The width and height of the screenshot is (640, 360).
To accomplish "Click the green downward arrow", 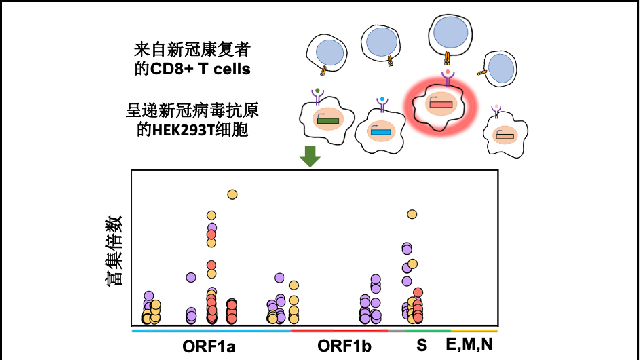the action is (310, 156).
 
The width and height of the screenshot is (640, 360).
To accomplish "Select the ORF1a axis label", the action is (209, 347).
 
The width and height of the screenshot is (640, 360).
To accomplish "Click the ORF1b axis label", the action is (344, 346).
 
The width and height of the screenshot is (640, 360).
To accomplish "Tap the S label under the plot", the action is (422, 345).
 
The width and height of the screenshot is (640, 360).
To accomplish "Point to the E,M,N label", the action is (469, 344).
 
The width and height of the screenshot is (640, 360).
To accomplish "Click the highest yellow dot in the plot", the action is (232, 194).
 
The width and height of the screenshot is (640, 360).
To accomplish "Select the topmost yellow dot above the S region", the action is (412, 214).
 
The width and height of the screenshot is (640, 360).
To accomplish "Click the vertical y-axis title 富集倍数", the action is (114, 250).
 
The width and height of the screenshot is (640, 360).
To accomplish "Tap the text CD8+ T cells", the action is (201, 69).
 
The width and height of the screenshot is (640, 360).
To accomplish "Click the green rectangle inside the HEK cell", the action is (328, 121).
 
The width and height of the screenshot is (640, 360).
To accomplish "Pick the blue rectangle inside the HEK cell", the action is (381, 132).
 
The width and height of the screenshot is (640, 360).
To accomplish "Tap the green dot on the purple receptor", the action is (317, 90).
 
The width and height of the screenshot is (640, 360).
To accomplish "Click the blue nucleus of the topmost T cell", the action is (450, 32).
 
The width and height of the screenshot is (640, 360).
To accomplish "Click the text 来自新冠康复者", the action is (192, 50).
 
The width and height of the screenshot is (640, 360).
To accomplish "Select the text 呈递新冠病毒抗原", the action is (192, 110).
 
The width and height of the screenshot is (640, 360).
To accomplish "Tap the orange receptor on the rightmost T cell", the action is (482, 73).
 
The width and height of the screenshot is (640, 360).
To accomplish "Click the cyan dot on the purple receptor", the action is (382, 99).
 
